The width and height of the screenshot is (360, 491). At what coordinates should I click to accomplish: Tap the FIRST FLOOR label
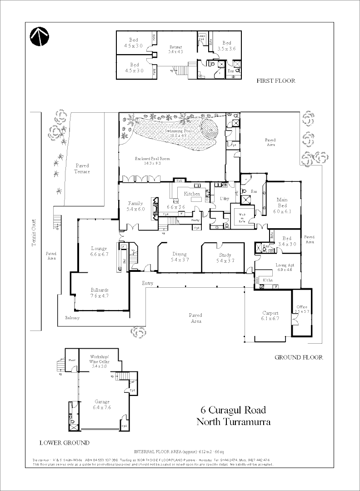tap(275, 81)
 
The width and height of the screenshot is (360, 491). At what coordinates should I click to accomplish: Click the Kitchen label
tap(192, 194)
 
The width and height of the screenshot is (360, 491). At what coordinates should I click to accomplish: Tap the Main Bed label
tap(282, 202)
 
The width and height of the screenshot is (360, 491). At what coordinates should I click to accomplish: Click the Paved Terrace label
tap(82, 169)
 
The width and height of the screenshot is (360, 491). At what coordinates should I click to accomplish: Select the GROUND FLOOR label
tap(299, 357)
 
